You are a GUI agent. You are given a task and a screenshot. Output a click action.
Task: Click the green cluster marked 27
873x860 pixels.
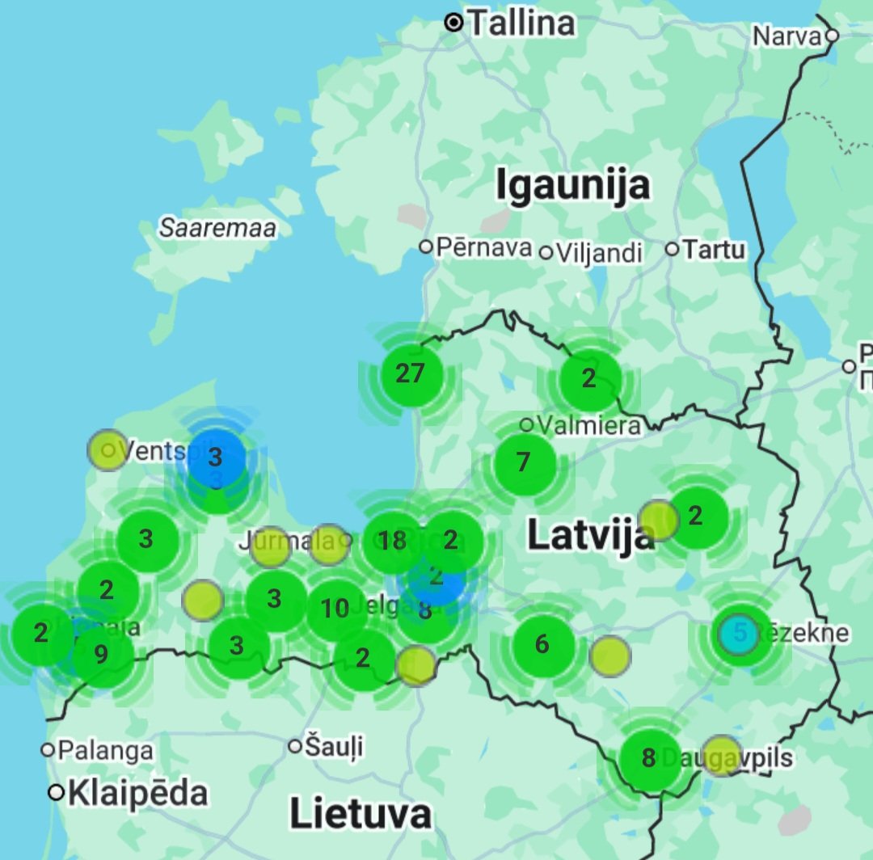click(x=411, y=373)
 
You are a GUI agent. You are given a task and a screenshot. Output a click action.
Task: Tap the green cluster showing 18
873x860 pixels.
click(x=393, y=541)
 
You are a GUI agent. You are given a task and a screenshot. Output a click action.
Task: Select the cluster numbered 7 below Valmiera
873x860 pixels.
click(x=524, y=462)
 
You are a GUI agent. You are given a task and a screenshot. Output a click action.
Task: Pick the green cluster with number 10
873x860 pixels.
click(x=335, y=609)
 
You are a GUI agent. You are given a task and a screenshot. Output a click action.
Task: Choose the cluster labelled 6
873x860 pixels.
click(x=542, y=644)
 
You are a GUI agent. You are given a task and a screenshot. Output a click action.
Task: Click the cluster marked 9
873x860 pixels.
click(x=101, y=653)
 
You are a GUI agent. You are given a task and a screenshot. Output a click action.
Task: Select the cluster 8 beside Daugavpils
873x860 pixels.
click(x=649, y=758)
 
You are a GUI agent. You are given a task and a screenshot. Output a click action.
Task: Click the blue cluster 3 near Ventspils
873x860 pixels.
click(x=215, y=457)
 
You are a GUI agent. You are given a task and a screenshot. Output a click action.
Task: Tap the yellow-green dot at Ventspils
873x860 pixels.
click(x=108, y=450)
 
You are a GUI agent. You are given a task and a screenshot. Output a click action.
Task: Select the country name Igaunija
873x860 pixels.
click(x=572, y=185)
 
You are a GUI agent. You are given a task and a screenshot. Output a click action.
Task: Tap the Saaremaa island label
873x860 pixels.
click(x=217, y=228)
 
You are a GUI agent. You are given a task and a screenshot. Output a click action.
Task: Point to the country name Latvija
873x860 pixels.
click(x=591, y=535)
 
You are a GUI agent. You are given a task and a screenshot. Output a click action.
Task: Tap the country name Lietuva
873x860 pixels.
click(x=360, y=813)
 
